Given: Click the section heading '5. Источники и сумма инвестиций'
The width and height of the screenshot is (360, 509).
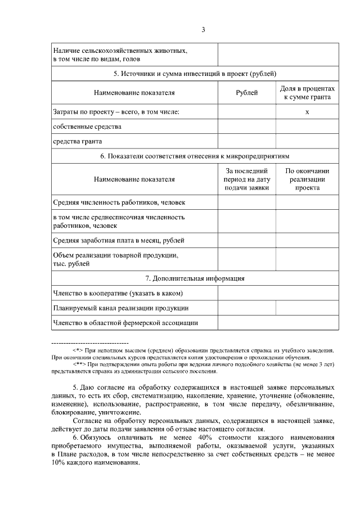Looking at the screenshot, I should pyautogui.click(x=195, y=74).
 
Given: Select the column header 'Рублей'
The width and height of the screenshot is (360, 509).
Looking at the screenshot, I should pyautogui.click(x=246, y=93).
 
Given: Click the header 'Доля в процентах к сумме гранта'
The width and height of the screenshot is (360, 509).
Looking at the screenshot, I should pyautogui.click(x=307, y=93).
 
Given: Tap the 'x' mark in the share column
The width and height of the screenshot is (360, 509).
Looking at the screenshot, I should pyautogui.click(x=307, y=112).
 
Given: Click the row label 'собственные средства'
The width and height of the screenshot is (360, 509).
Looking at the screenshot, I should pyautogui.click(x=87, y=127).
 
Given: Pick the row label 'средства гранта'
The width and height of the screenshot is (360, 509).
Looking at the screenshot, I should pyautogui.click(x=78, y=141).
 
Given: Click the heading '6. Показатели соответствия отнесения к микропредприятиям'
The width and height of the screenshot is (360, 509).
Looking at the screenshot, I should pyautogui.click(x=195, y=156).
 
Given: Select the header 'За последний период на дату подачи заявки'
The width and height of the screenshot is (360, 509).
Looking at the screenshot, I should pyautogui.click(x=246, y=179).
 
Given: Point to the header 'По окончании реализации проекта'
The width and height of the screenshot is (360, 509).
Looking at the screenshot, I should pyautogui.click(x=307, y=179).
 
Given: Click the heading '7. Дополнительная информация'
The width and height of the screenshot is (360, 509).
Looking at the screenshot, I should pyautogui.click(x=195, y=278).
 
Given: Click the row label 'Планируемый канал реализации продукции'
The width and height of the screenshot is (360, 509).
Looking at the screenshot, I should pyautogui.click(x=120, y=308).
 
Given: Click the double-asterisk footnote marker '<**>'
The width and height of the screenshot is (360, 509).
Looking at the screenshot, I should pyautogui.click(x=79, y=364).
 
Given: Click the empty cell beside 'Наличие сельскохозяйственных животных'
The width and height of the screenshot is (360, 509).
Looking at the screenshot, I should pyautogui.click(x=278, y=55).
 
